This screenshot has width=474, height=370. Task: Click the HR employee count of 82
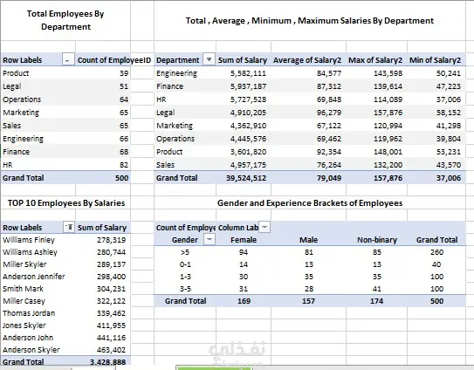click(124, 165)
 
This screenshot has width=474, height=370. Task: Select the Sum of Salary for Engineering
click(248, 73)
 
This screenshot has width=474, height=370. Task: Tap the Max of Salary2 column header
click(375, 60)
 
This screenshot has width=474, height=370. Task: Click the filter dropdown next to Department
click(209, 59)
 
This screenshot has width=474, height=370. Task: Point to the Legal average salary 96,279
click(329, 113)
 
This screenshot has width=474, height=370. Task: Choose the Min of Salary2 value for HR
click(449, 99)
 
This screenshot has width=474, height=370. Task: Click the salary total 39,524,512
click(246, 178)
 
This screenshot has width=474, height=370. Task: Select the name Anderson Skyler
click(31, 350)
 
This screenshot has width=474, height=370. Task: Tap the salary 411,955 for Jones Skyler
click(111, 325)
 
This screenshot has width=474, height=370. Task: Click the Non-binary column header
click(377, 240)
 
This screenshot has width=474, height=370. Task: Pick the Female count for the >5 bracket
click(244, 252)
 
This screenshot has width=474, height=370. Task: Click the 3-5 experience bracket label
click(185, 289)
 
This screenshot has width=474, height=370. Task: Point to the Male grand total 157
click(308, 301)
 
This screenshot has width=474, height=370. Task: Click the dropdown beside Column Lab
click(264, 227)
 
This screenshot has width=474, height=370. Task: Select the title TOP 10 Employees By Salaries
click(66, 202)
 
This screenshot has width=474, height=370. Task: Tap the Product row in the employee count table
click(16, 73)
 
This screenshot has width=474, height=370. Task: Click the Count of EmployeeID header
click(114, 60)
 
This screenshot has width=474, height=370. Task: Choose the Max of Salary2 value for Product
click(388, 152)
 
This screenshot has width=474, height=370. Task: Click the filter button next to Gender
click(210, 239)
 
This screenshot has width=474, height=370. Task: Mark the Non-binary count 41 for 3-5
click(376, 289)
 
